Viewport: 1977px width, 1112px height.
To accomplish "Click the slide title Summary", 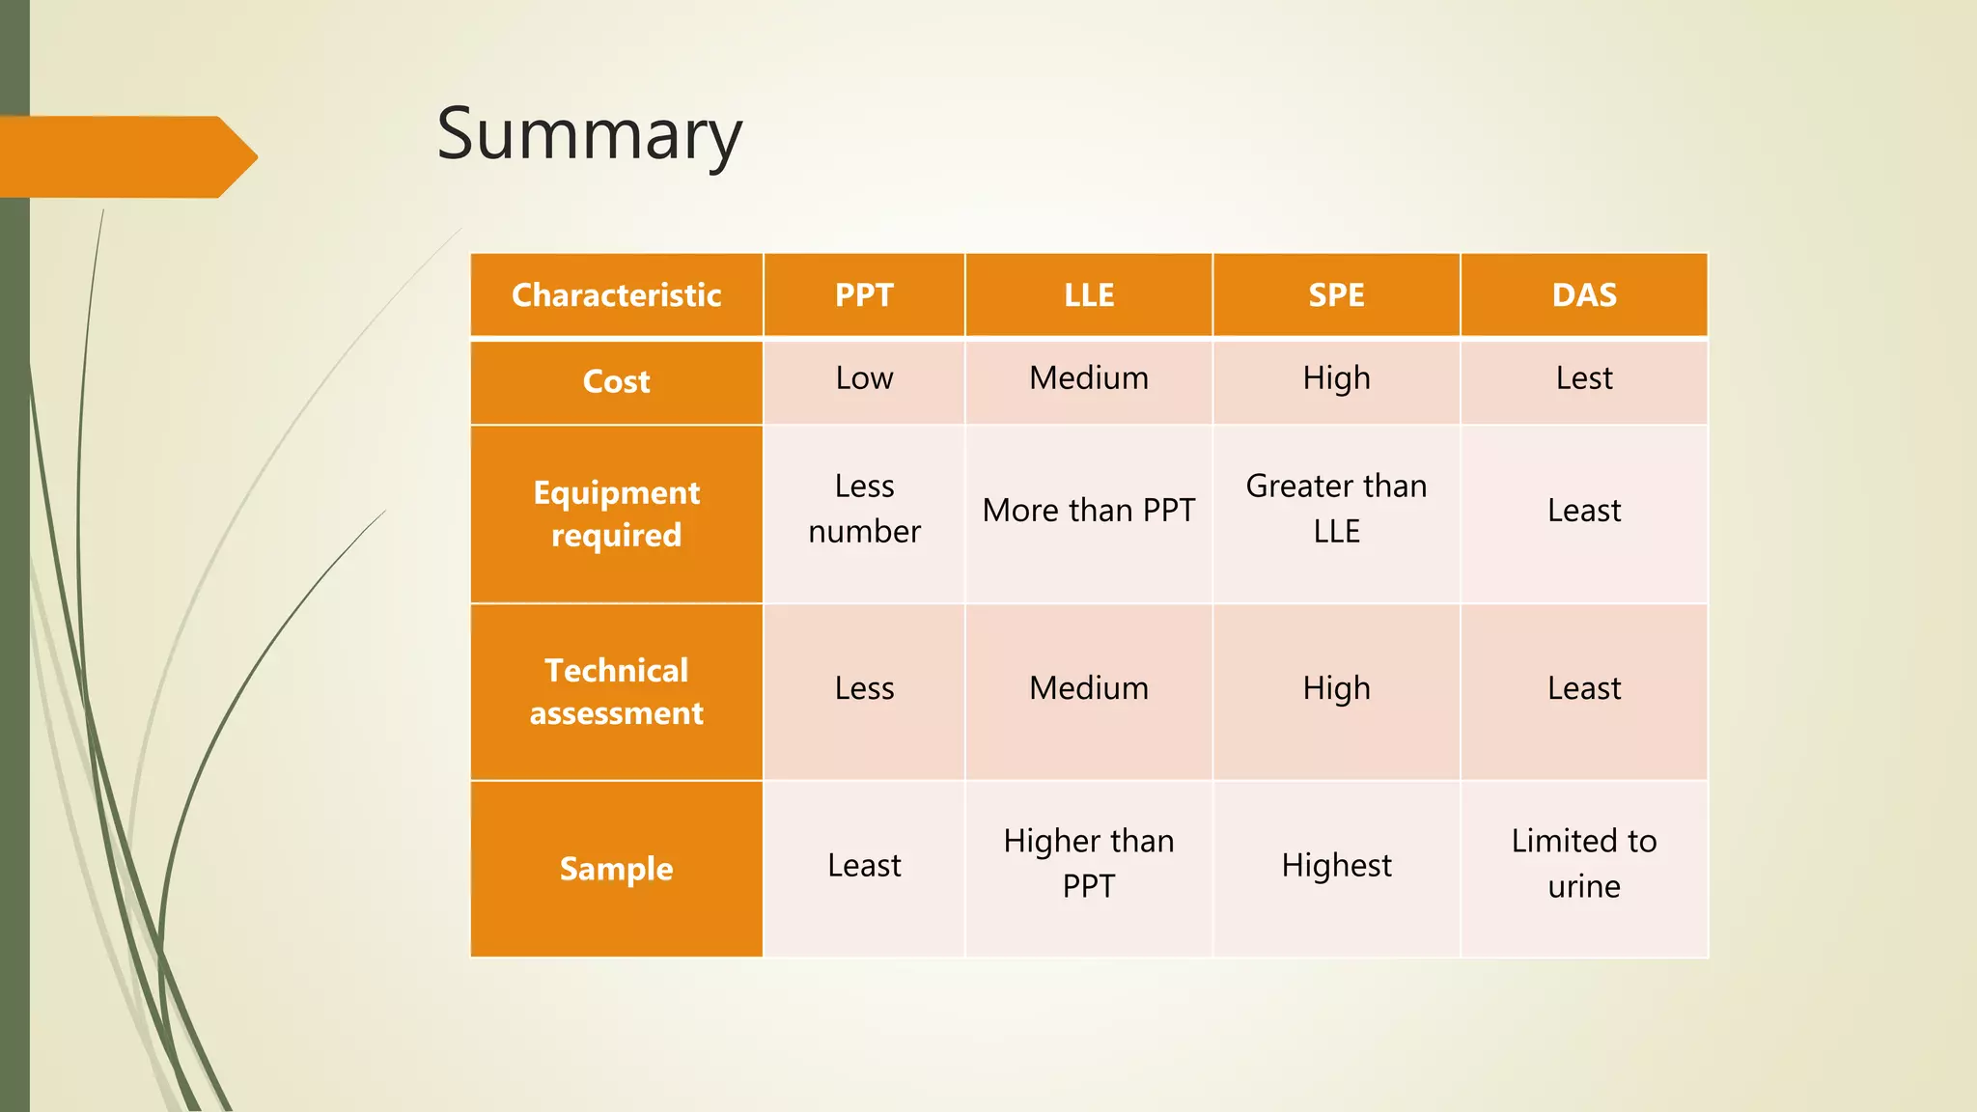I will (589, 135).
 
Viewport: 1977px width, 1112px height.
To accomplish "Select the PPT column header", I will (864, 294).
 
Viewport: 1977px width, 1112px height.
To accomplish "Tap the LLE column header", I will (1089, 294).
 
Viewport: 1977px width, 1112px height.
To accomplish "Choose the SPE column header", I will (1336, 294).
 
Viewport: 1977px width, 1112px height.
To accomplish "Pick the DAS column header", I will (1584, 294).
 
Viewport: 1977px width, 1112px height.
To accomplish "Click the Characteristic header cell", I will (616, 294).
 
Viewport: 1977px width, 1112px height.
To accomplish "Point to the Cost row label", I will (616, 381).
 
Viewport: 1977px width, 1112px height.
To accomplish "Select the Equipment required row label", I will (616, 514).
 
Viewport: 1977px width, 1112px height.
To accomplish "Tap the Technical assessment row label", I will (616, 691).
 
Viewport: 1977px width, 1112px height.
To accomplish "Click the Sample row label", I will (616, 869).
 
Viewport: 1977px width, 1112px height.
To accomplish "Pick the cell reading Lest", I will (1584, 378).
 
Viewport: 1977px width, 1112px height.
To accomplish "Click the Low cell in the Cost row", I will (864, 378).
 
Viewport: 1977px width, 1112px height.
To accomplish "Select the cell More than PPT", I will (1089, 510).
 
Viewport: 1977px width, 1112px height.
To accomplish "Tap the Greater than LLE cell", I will (1336, 509).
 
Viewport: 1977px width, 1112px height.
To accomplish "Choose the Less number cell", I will (864, 509).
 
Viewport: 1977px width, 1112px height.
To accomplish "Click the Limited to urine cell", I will (1584, 864).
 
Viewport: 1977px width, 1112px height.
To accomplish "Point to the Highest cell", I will (1336, 866).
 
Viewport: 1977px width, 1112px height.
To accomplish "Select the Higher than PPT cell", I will (1089, 864).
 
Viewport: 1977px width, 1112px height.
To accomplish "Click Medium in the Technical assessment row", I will (1089, 688).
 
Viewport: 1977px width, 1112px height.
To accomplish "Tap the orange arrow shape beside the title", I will (125, 156).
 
